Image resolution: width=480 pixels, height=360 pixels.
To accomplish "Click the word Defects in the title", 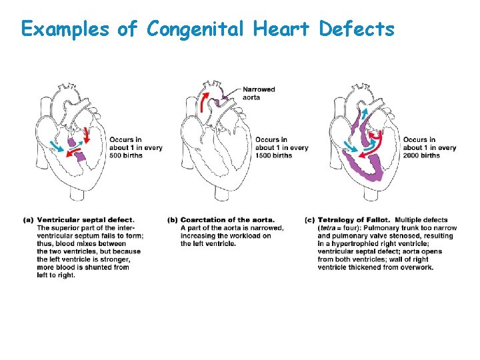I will pos(357,29).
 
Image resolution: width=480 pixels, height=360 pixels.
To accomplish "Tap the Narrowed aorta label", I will pos(259,93).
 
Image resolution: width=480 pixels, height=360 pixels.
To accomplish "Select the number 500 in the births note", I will pos(117,155).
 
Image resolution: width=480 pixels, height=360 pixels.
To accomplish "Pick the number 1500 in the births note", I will pos(265,155).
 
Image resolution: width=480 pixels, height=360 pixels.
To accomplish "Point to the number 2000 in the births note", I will pos(413,155).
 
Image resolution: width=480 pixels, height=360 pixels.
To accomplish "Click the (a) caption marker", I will pos(28,220).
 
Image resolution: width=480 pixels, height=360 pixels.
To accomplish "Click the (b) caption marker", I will pos(172,220).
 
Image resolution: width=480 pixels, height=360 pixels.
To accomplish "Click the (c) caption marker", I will pos(309,220).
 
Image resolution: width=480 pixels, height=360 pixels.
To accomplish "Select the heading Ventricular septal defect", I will pos(85,220).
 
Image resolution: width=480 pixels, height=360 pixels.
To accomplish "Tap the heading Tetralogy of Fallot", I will pos(354,220).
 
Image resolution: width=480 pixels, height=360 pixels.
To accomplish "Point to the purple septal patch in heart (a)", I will pos(80,157).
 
